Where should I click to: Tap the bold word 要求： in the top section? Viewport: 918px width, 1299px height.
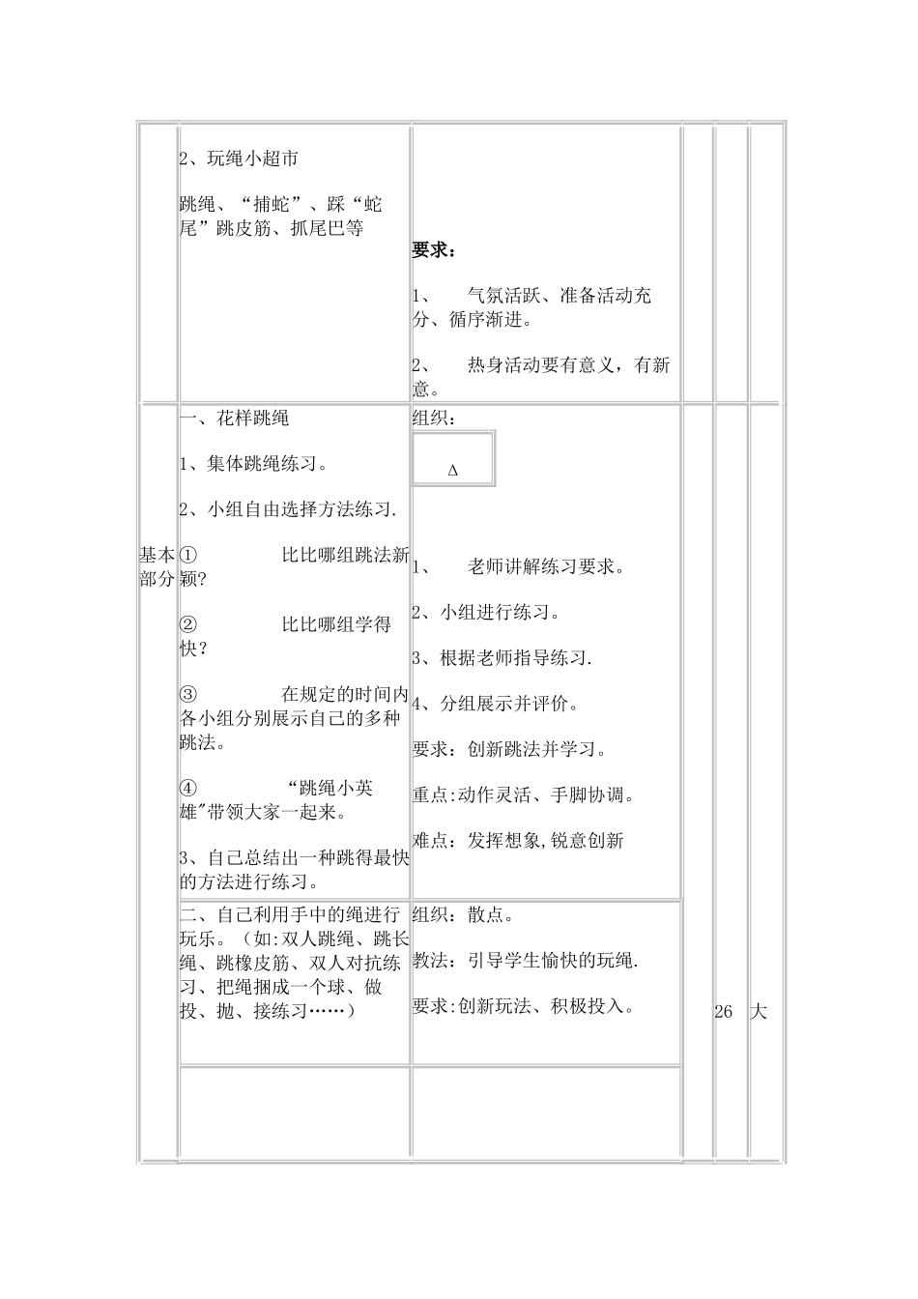[434, 250]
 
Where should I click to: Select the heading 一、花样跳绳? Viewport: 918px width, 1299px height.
[235, 419]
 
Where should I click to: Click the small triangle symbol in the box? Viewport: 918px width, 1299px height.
[453, 471]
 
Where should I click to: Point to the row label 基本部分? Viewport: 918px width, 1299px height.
[157, 566]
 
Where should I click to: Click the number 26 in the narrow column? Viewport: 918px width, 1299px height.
[724, 1012]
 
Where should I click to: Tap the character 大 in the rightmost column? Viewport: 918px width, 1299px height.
[759, 1012]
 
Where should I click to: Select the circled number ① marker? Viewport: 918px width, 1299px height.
[188, 555]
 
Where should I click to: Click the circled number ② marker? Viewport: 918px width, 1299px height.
[188, 624]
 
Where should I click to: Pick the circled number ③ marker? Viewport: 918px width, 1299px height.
[188, 694]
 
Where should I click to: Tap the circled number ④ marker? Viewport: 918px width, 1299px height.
[188, 788]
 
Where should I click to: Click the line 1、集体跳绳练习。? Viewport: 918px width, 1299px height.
[253, 464]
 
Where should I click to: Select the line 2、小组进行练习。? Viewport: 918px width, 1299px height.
[487, 612]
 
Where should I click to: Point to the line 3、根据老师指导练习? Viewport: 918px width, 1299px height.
[502, 658]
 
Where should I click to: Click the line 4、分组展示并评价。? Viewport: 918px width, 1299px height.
[496, 704]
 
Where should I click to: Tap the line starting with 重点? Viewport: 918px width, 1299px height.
[523, 795]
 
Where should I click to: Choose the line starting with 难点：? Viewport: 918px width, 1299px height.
[518, 841]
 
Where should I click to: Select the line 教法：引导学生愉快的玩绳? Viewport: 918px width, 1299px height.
[525, 961]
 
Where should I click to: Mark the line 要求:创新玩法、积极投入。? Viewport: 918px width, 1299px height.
[523, 1006]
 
